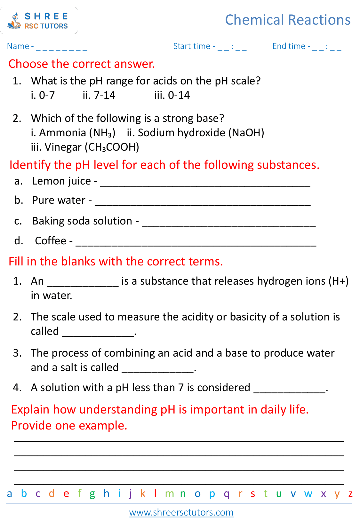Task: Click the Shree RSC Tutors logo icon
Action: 14,21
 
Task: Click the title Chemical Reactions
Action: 288,20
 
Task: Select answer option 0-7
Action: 43,95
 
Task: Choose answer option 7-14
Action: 99,95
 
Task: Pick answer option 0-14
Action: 172,95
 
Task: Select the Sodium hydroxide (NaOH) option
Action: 196,133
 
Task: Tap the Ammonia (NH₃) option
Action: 73,133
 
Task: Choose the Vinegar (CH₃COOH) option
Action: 85,147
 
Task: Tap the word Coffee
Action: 51,240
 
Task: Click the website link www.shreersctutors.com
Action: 181,512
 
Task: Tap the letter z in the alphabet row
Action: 350,494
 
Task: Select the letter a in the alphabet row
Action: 10,494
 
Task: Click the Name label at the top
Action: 18,46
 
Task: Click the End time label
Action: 289,46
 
